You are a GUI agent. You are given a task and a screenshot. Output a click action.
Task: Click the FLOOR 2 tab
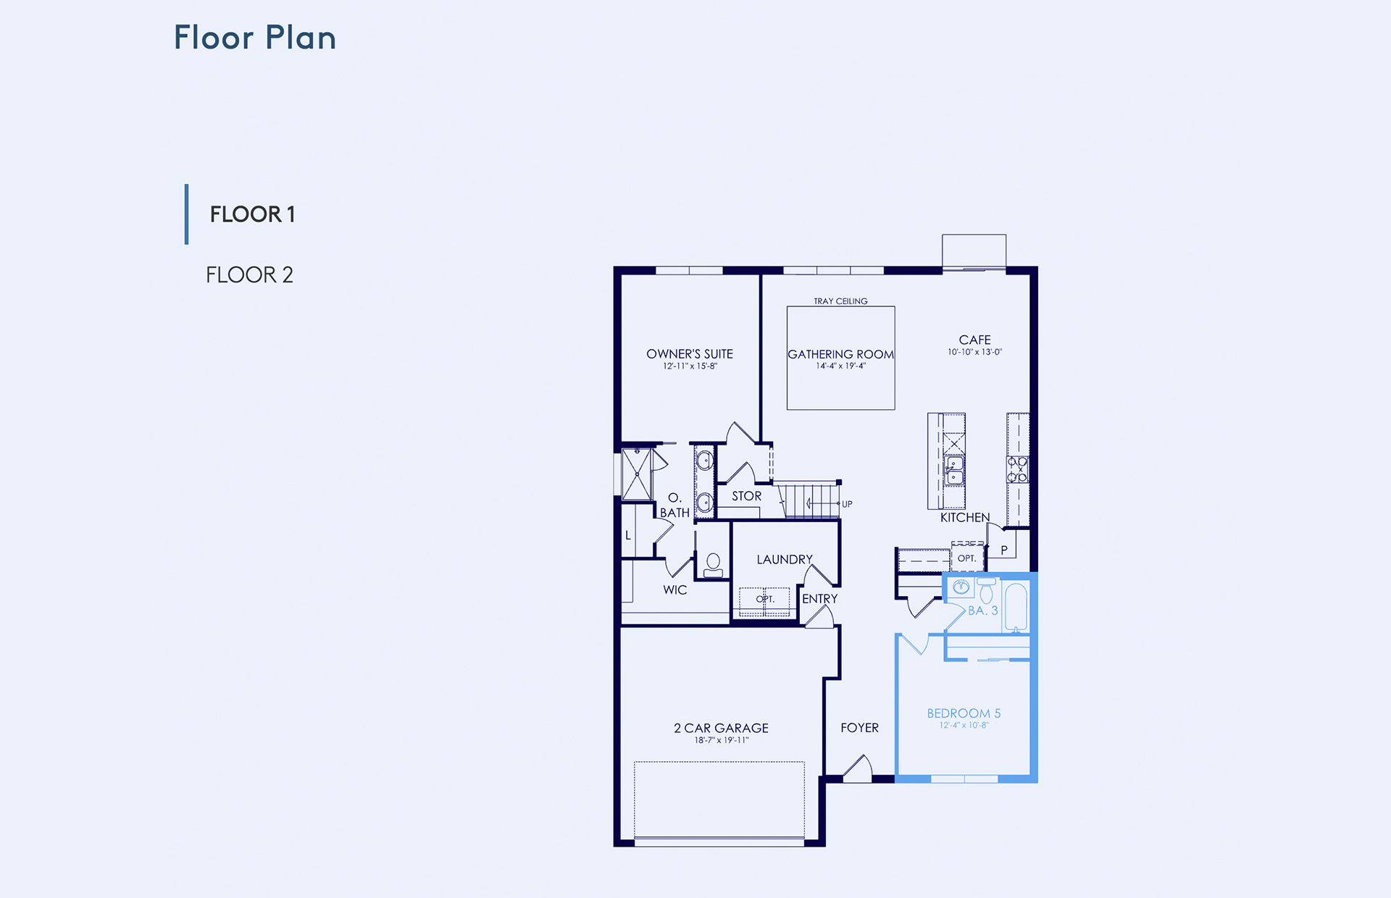[x=249, y=275]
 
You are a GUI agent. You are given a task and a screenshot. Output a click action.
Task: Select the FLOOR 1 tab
[x=252, y=214]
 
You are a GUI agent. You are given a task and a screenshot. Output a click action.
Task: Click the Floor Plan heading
[x=255, y=38]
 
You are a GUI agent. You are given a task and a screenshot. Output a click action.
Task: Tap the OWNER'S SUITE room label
[x=690, y=354]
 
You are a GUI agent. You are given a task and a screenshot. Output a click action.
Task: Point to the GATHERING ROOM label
[x=840, y=354]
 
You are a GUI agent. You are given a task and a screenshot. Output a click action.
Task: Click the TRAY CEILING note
[x=840, y=301]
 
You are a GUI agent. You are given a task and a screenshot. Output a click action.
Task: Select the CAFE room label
[x=974, y=340]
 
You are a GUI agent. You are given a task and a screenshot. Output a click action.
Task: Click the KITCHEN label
[x=965, y=517]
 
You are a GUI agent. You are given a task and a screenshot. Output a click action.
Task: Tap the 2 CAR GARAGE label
[x=721, y=728]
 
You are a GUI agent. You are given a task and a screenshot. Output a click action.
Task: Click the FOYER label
[x=859, y=728]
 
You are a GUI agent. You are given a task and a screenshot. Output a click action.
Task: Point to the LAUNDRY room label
[x=785, y=560]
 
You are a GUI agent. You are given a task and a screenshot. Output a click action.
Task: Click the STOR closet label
[x=746, y=496]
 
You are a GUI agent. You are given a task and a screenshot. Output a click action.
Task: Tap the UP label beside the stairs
[x=847, y=504]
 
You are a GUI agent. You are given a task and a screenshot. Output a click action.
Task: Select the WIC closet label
[x=674, y=590]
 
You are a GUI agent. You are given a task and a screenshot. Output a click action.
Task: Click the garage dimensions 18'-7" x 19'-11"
[x=721, y=740]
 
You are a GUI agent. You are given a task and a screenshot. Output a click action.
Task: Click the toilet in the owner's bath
[x=713, y=565]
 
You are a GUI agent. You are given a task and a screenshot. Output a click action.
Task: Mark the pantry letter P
[x=1004, y=550]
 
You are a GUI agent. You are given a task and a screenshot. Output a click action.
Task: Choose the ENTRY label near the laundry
[x=819, y=599]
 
